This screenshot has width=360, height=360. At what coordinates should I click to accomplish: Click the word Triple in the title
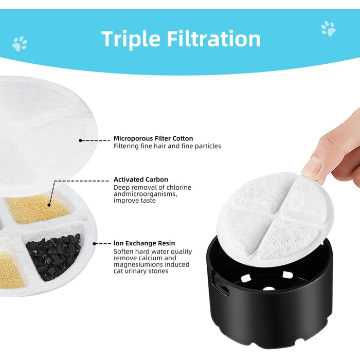[131, 40]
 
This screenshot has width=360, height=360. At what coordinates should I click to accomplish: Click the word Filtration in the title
[214, 39]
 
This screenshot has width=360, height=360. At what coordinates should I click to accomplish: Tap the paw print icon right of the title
[328, 29]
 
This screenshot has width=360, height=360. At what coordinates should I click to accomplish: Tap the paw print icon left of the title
[20, 44]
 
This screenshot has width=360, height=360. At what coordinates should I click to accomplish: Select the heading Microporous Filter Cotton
[153, 138]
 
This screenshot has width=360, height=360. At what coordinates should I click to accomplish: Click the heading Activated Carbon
[141, 179]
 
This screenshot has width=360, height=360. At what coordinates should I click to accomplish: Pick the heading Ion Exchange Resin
[144, 243]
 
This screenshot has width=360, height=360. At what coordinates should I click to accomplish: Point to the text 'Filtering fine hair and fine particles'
[167, 146]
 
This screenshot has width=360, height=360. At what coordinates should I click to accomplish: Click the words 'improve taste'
[135, 201]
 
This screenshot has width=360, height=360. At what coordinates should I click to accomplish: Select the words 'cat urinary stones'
[141, 271]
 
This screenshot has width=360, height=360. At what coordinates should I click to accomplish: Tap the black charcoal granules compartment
[53, 257]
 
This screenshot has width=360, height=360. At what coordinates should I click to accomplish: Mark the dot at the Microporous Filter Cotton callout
[80, 140]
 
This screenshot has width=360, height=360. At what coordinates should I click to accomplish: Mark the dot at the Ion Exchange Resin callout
[94, 243]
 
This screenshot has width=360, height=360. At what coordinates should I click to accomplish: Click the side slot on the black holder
[221, 285]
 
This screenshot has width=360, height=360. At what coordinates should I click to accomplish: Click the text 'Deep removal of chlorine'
[152, 187]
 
